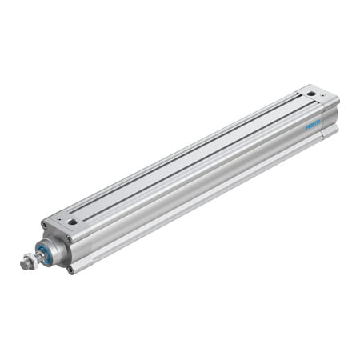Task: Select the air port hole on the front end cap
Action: [72, 222]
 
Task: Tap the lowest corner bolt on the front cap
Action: [70, 269]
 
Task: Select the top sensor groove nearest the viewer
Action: [200, 160]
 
